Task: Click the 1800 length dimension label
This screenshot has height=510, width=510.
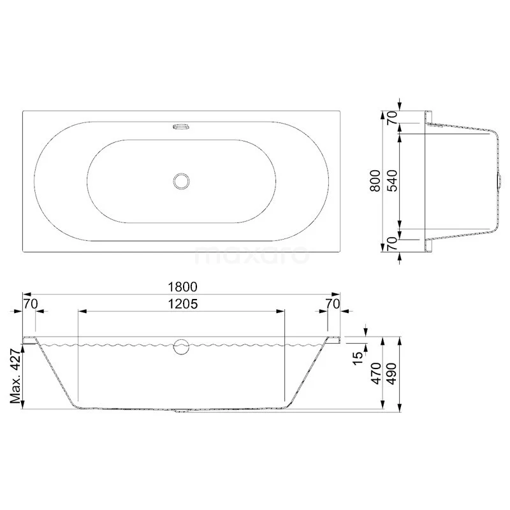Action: (x=182, y=287)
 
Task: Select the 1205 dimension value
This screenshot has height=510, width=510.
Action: (x=182, y=304)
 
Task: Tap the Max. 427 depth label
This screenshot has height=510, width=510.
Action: (x=15, y=376)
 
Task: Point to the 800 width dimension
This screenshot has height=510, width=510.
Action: (x=375, y=180)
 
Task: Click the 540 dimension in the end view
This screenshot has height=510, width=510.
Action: (x=392, y=180)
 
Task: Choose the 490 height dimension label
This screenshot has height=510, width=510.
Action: (x=392, y=374)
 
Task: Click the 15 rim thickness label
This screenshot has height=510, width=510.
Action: (x=358, y=358)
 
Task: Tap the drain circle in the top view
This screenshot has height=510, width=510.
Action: (x=181, y=181)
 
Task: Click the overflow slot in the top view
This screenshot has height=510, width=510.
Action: (x=181, y=126)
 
